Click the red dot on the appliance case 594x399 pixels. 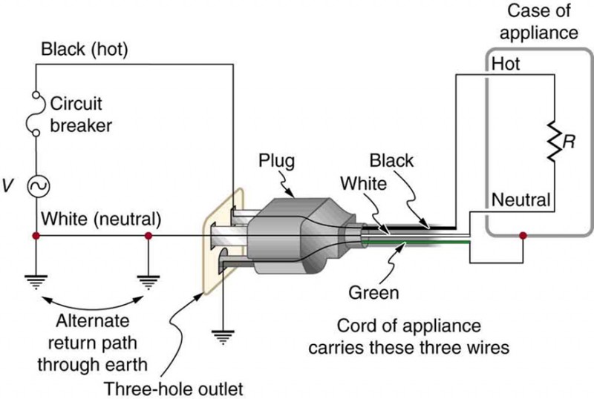pos(523,237)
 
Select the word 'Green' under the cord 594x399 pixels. pos(373,292)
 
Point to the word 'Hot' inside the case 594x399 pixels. pos(506,65)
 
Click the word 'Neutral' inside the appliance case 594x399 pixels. pos(520,199)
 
